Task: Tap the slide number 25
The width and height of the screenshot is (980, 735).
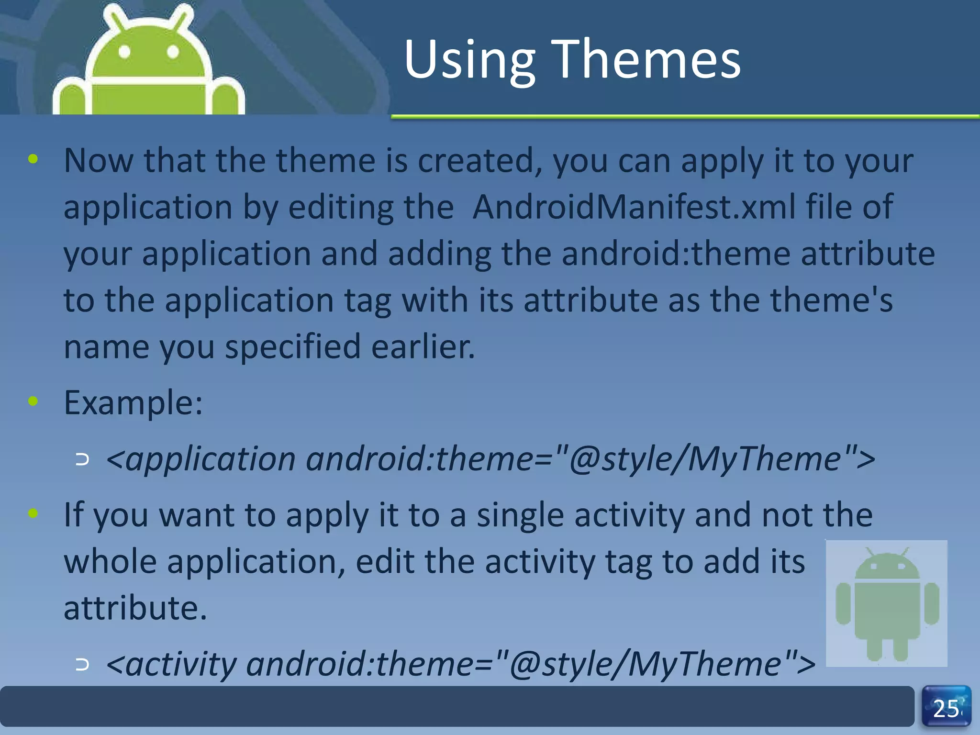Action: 946,709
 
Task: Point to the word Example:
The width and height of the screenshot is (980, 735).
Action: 133,403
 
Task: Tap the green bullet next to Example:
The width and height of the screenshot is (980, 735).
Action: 33,401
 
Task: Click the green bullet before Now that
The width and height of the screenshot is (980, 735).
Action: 33,159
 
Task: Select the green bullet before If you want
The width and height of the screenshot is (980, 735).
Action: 33,513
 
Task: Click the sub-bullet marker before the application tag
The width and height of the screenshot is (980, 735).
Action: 82,460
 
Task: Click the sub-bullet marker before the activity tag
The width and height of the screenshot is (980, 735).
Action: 82,664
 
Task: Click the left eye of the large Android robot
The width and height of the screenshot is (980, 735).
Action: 124,52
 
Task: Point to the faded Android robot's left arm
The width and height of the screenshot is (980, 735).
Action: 843,603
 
